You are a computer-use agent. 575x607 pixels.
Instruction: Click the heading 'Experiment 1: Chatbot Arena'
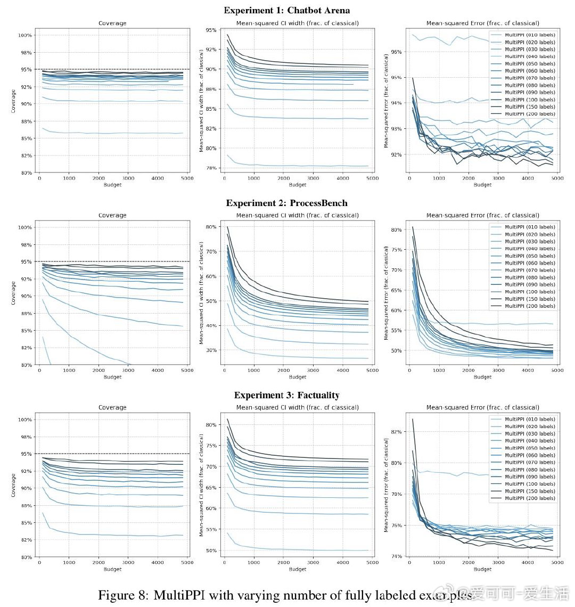(x=286, y=10)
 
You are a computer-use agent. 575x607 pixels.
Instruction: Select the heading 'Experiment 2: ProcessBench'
(x=286, y=203)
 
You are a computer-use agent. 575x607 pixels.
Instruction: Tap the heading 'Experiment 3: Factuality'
(x=286, y=395)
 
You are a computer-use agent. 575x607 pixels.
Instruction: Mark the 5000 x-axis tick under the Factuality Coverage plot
(x=187, y=563)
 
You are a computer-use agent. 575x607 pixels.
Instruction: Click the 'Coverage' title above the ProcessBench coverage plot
(x=112, y=216)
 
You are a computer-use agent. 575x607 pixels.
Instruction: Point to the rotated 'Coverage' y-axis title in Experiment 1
(x=13, y=101)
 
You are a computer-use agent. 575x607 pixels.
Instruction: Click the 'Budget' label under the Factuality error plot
(x=482, y=569)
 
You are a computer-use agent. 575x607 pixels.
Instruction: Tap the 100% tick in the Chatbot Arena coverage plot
(x=26, y=35)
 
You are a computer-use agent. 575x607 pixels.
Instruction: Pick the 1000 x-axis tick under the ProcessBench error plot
(x=439, y=371)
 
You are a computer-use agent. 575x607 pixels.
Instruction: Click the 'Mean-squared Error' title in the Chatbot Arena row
(x=482, y=23)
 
